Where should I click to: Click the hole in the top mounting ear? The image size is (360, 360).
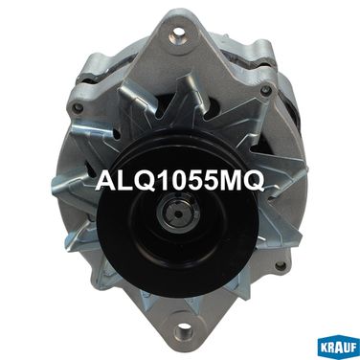click(179, 34)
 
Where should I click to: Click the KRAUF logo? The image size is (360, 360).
click(338, 349)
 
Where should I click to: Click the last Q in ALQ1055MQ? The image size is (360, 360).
click(253, 181)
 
